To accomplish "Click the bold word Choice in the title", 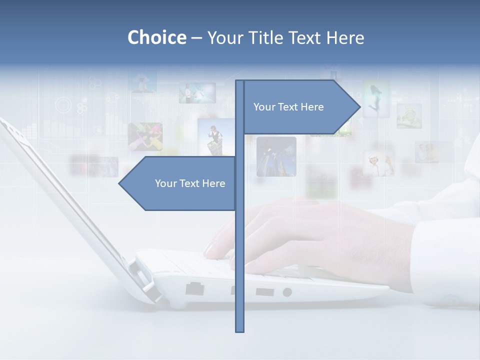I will pyautogui.click(x=156, y=37).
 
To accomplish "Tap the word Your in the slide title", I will pyautogui.click(x=224, y=38).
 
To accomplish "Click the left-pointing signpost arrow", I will pyautogui.click(x=178, y=183).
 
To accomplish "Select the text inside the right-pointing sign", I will pyautogui.click(x=288, y=107).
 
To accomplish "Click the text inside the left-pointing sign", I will pyautogui.click(x=190, y=183).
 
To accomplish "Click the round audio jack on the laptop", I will pyautogui.click(x=287, y=292).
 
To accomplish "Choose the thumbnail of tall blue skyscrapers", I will pyautogui.click(x=276, y=156).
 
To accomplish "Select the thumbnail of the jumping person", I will pyautogui.click(x=376, y=99).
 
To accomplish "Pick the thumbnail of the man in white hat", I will pyautogui.click(x=378, y=163).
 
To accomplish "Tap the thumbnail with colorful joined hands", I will pyautogui.click(x=145, y=136).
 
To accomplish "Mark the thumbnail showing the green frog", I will pyautogui.click(x=409, y=116).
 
